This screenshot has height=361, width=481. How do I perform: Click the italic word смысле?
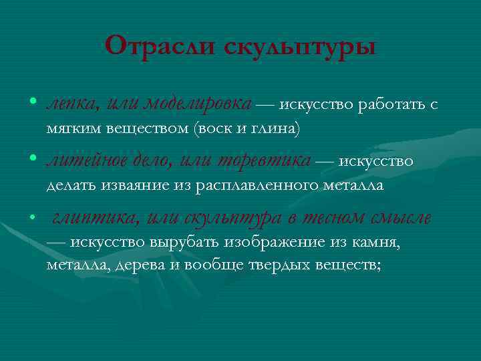tap(402, 218)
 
